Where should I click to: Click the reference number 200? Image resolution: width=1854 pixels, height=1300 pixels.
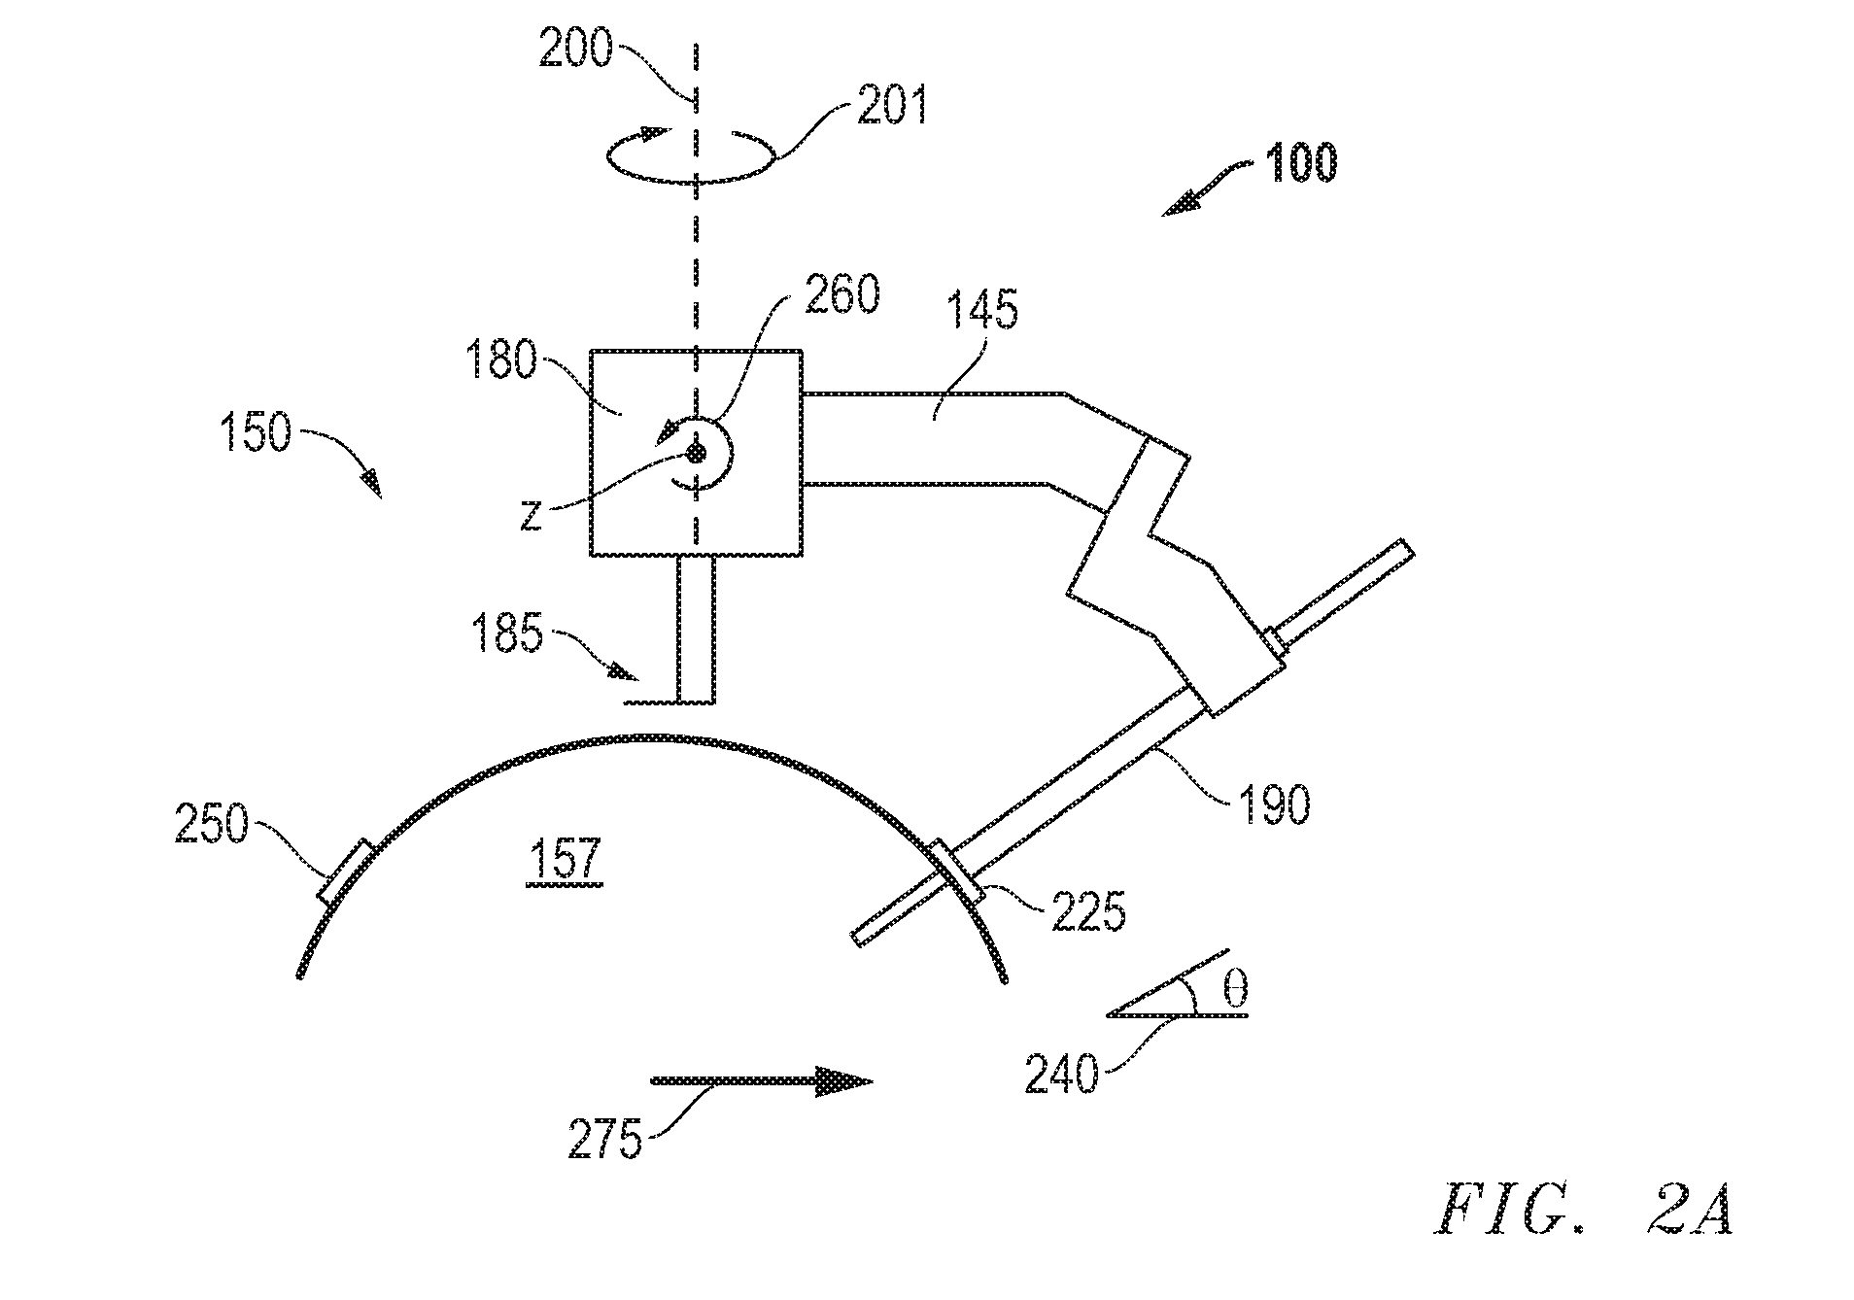[x=576, y=49]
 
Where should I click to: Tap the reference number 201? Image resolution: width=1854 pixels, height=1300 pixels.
[x=892, y=106]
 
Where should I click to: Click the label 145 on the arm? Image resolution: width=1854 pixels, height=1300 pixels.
[x=982, y=310]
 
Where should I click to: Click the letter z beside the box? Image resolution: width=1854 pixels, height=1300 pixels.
[x=530, y=516]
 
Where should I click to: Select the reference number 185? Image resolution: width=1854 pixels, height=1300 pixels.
[x=507, y=636]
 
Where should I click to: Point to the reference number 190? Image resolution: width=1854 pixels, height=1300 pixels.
[x=1274, y=804]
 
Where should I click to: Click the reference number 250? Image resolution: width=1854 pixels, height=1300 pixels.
[x=212, y=826]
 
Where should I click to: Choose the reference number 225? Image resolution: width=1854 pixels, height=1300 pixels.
[x=1089, y=913]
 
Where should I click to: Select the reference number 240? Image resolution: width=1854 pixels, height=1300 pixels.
[x=1061, y=1076]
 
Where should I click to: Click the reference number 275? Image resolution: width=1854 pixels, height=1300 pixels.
[x=606, y=1139]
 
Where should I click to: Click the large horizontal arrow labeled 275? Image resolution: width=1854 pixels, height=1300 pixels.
[x=761, y=1080]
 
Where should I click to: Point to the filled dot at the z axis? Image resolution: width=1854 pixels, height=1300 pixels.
[x=694, y=452]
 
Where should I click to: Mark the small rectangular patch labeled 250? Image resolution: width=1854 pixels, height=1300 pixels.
[x=345, y=872]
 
